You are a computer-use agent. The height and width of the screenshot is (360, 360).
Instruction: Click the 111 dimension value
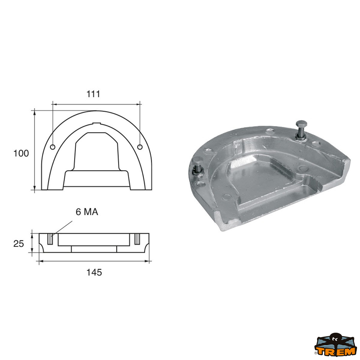tap(93, 94)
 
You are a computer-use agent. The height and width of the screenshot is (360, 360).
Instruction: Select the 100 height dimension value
tap(21, 153)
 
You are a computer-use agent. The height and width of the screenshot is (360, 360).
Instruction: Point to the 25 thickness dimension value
tap(19, 244)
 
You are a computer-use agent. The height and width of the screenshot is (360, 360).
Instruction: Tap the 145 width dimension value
tap(94, 272)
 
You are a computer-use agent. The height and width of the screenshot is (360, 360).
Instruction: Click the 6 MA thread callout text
tap(87, 212)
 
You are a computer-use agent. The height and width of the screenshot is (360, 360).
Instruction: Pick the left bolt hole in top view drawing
tap(53, 147)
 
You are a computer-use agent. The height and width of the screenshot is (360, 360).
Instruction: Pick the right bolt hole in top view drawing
tap(139, 147)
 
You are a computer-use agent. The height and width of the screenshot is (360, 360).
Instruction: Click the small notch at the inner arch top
tap(96, 123)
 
